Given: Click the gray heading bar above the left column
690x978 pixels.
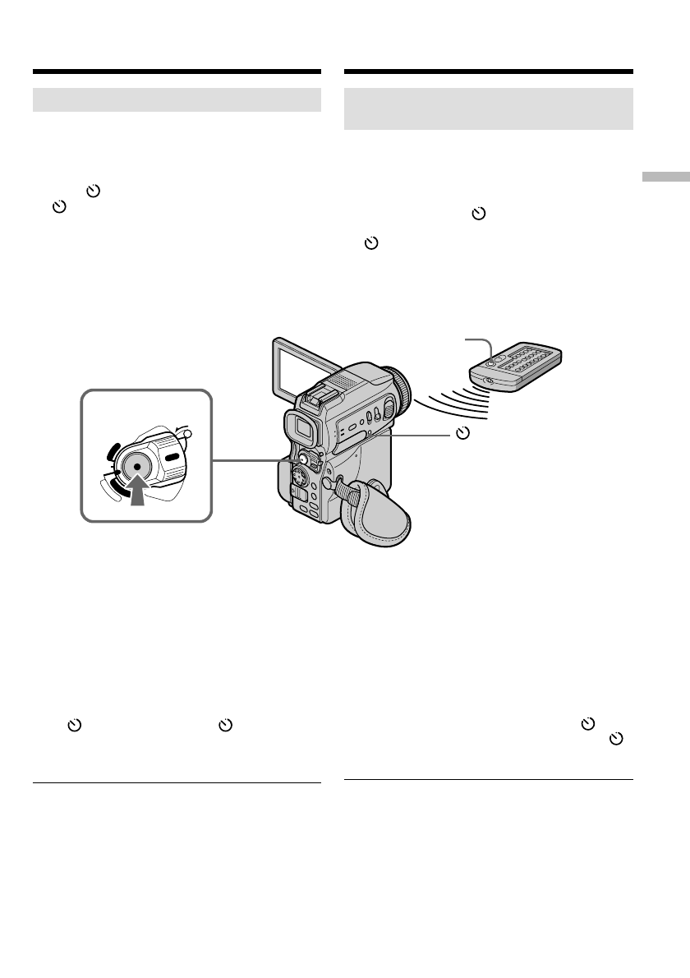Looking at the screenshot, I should (x=177, y=100).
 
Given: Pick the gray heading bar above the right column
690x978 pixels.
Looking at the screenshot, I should (x=489, y=108).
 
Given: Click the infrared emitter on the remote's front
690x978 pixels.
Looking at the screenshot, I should (x=489, y=380).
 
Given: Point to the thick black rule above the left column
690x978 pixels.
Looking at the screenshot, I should (x=177, y=72).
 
